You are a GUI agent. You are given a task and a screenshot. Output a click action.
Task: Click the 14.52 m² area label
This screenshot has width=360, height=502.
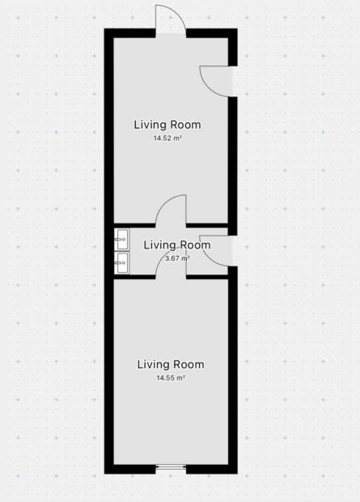167,138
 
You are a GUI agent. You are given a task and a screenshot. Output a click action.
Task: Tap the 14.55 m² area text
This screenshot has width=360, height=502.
171,378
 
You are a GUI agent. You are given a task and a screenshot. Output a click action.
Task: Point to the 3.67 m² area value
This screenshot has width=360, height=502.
177,258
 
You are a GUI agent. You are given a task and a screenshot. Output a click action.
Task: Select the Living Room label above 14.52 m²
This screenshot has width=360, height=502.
167,125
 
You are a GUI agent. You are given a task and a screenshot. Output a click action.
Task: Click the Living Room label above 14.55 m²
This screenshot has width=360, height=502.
171,364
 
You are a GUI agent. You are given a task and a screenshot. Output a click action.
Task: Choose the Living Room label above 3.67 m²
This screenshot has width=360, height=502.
177,245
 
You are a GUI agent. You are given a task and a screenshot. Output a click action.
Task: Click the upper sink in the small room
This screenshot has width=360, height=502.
121,239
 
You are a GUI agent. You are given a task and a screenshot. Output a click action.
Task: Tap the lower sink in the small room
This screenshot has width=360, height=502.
121,262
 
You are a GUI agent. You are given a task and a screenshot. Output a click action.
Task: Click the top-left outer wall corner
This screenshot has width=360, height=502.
104,29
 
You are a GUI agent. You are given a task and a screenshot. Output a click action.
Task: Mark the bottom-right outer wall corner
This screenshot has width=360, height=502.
237,474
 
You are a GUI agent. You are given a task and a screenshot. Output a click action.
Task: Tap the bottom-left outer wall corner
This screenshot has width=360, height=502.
104,474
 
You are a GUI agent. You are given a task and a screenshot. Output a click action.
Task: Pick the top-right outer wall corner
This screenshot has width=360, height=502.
237,29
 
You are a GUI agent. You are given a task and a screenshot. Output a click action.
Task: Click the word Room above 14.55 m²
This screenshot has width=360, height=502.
188,364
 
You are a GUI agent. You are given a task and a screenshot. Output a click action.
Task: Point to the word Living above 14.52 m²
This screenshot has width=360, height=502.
150,125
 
